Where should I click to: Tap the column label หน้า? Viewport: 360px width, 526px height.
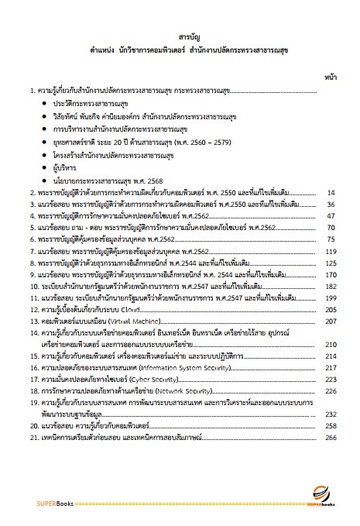coord(327,78)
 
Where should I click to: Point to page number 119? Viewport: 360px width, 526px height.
coord(327,252)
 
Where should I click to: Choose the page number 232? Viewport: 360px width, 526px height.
coord(327,414)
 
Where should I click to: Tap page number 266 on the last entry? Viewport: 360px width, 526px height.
coord(327,438)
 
